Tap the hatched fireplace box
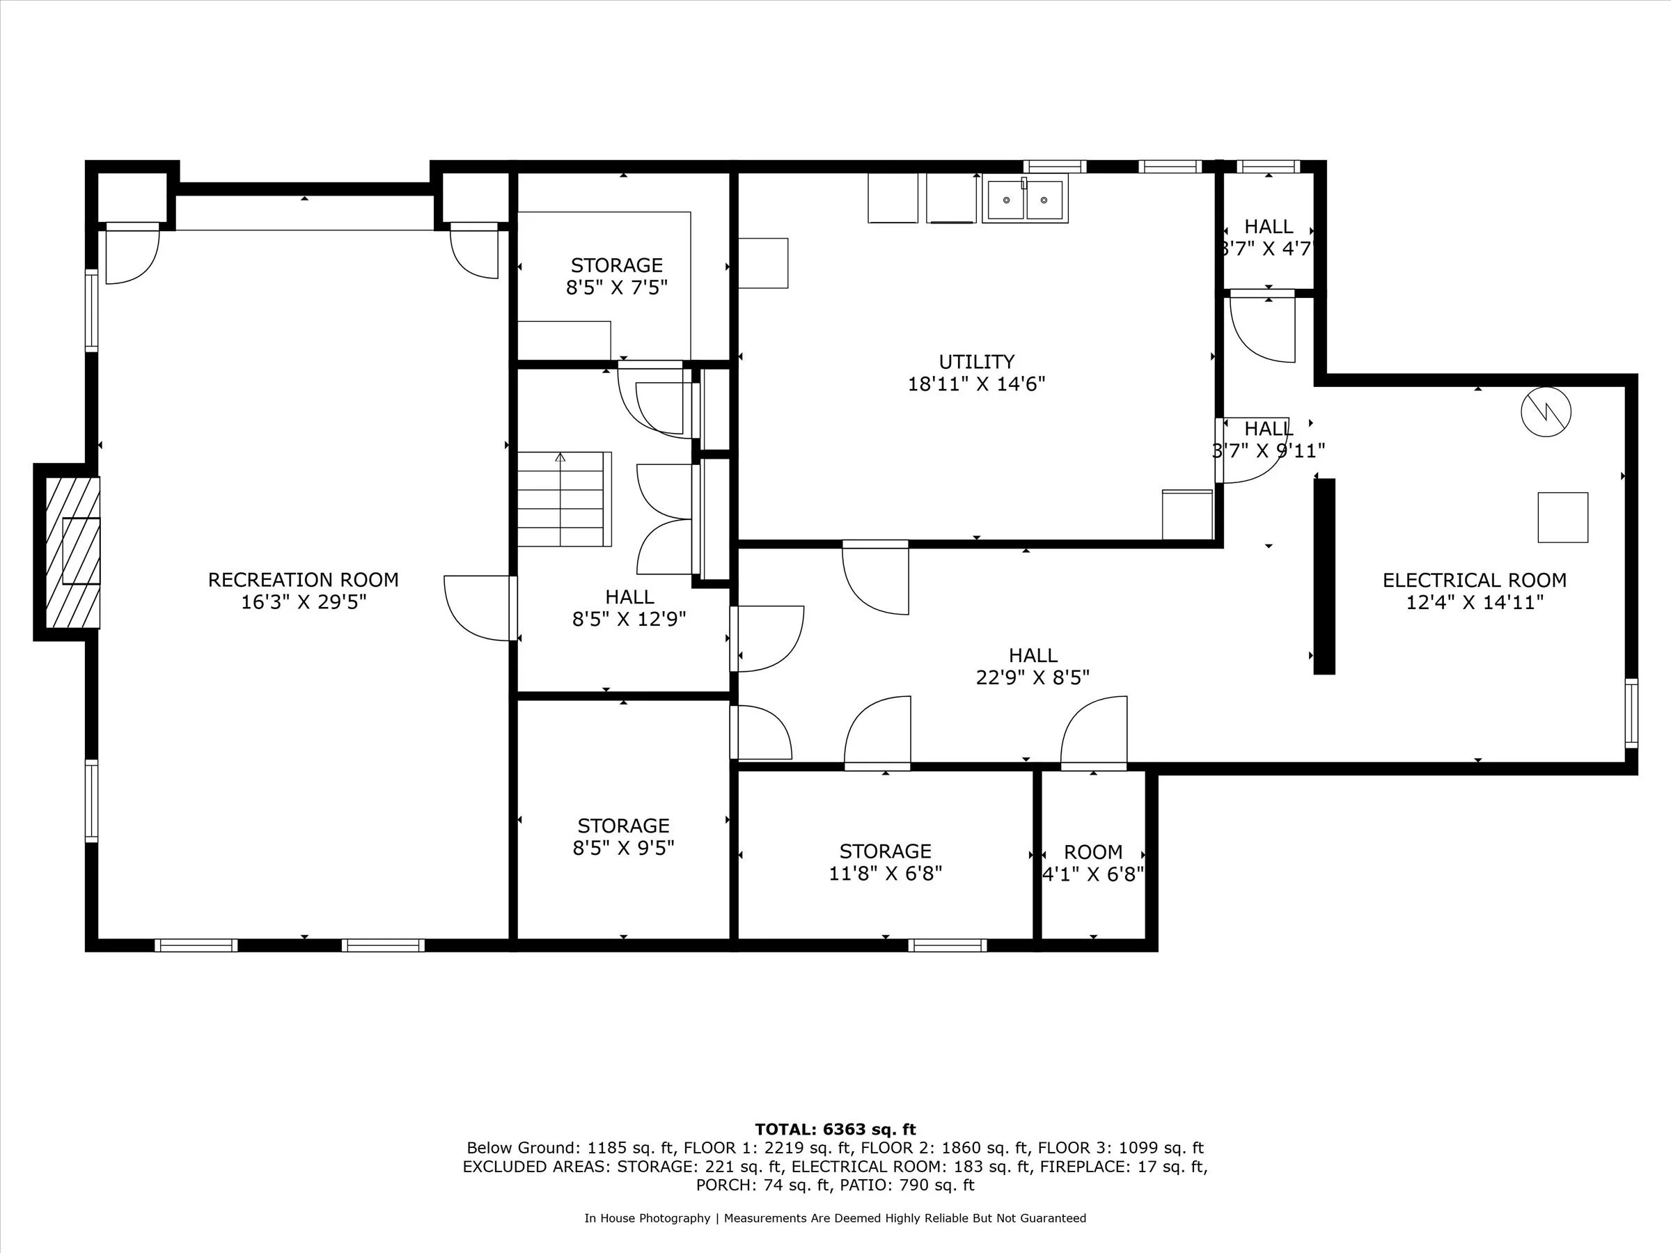click(x=72, y=551)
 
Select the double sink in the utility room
click(x=1024, y=200)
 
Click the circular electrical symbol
click(x=1546, y=411)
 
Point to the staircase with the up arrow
click(x=563, y=499)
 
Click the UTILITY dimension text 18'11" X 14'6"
click(x=976, y=384)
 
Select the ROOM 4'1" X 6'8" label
click(x=1092, y=863)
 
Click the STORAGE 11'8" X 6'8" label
click(x=885, y=862)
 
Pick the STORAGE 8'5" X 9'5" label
click(x=623, y=837)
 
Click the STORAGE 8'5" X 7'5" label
click(x=616, y=276)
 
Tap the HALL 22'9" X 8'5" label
click(x=1033, y=666)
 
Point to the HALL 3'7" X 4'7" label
click(x=1269, y=237)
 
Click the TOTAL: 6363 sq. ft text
click(x=835, y=1129)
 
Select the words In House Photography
click(x=647, y=1217)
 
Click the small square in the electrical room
click(x=1562, y=517)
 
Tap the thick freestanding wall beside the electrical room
click(x=1324, y=576)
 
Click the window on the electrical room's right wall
click(x=1631, y=713)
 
